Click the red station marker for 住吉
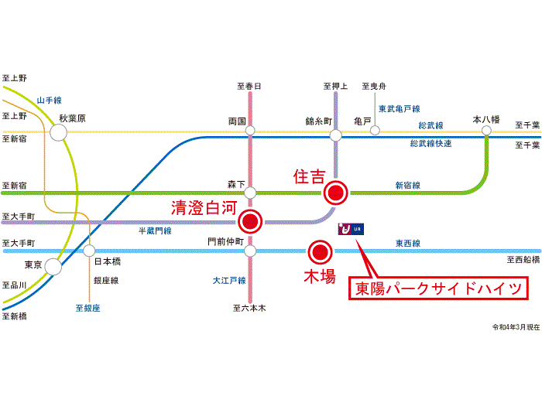(335, 190)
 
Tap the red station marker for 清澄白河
(249, 222)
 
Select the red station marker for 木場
(320, 251)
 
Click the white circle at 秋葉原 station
(59, 133)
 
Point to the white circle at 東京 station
(53, 267)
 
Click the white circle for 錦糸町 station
(335, 135)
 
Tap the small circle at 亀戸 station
(375, 131)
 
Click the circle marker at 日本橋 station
(89, 251)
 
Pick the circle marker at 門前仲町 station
(249, 251)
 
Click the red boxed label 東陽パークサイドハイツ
(441, 290)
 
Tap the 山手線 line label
(49, 101)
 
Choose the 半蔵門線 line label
(155, 231)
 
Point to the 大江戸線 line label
(229, 280)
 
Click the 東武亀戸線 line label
(399, 109)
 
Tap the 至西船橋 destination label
(522, 261)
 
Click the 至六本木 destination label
(249, 308)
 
